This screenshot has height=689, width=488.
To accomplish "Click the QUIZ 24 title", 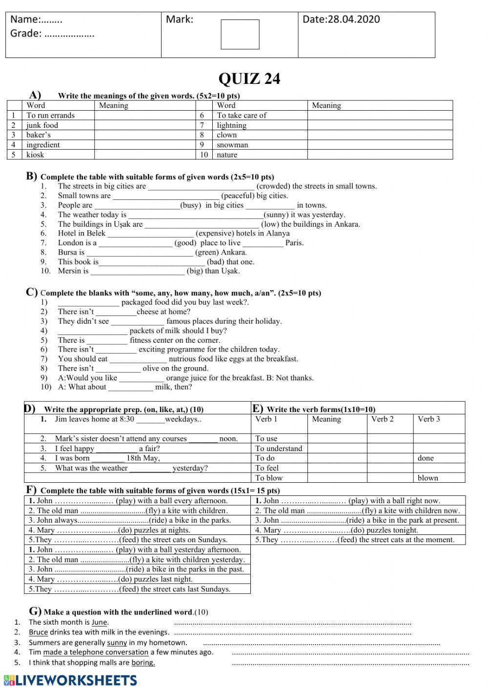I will pos(249,79).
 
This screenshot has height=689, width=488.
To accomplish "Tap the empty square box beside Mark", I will pos(240,35).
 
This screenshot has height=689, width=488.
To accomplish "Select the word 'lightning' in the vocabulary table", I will pos(231,125).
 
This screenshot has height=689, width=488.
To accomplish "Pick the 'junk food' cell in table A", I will pos(42,125).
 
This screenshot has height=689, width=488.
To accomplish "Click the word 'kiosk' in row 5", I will pos(35,155).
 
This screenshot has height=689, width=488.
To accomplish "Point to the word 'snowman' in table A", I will pos(232,145).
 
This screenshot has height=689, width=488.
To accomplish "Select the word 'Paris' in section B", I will pos(294,243).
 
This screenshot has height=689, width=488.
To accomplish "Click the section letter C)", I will pos(32,292).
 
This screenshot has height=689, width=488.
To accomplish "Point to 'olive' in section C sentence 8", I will pos(151,368).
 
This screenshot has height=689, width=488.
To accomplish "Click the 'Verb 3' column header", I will pos(428,419).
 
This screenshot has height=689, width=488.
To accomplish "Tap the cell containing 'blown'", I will pos(427,478).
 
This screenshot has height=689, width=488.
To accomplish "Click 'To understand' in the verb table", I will pos(278,448).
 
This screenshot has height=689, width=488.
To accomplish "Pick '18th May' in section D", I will pos(142,458).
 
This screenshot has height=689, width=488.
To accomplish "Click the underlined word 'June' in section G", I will pos(99,622).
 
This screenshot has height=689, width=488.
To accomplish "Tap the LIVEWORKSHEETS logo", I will pos(70,680).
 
